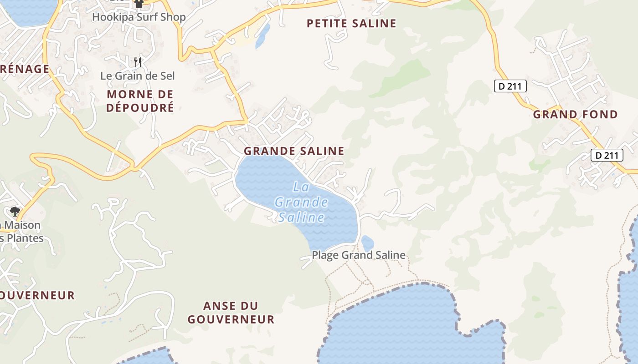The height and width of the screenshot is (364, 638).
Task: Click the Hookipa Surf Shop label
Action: click(x=139, y=17)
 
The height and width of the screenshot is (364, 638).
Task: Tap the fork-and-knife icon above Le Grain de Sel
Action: click(x=138, y=62)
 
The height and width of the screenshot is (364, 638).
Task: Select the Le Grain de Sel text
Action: click(x=138, y=76)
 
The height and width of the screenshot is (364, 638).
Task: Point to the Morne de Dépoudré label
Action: click(x=140, y=101)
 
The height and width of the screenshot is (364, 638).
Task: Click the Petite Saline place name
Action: click(x=351, y=24)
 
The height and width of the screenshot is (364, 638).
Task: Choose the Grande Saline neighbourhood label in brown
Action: click(x=294, y=151)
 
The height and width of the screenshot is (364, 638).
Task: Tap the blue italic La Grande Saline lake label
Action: click(x=302, y=202)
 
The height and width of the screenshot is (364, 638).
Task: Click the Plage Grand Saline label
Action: click(x=359, y=255)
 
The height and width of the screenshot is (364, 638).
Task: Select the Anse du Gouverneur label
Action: click(x=231, y=313)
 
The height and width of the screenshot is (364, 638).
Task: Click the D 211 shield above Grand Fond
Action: click(x=510, y=86)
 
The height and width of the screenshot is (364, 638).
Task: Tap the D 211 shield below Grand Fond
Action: click(x=607, y=155)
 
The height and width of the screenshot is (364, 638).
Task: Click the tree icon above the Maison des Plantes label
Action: click(x=15, y=211)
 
